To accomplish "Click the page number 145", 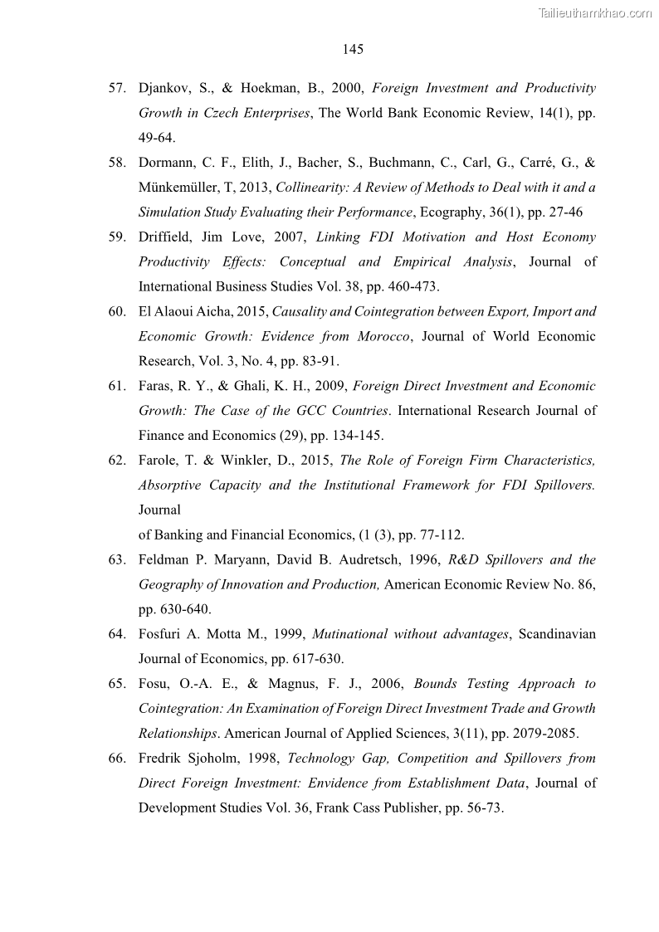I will coord(353,50).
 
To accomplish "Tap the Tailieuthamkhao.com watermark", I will coord(595,12).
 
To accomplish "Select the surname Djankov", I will coord(166,88).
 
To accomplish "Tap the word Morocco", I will coord(378,336).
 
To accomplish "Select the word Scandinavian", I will coord(557,634).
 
